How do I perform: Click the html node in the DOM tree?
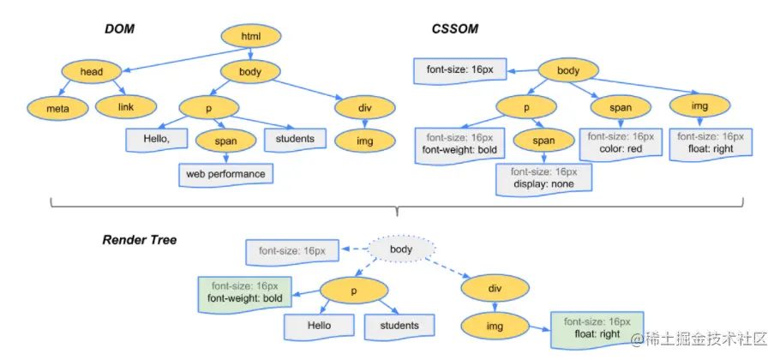250,36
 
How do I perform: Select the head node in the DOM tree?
91,72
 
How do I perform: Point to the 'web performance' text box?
226,174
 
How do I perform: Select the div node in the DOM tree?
364,107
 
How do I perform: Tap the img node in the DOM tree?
364,139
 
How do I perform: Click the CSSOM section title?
454,30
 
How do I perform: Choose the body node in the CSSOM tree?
567,72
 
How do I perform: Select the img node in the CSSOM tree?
699,107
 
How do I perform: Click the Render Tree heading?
139,240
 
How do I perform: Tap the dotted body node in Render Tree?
400,249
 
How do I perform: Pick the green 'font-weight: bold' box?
243,291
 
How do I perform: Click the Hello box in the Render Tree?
320,326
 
